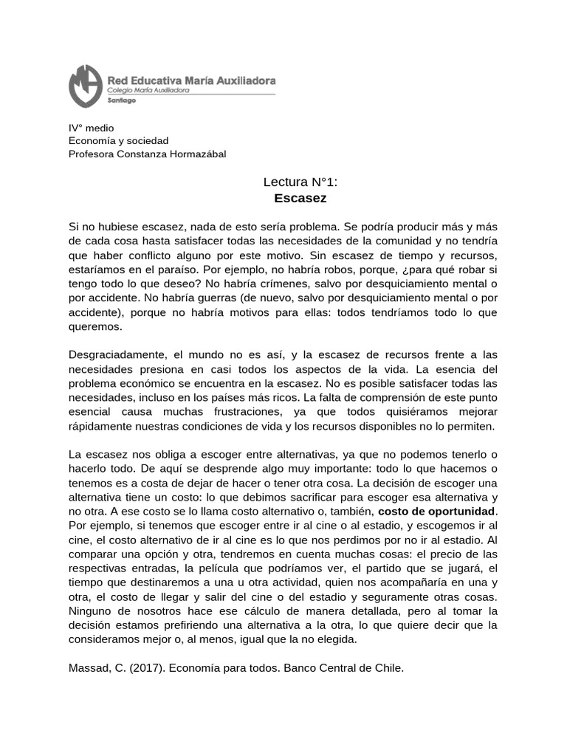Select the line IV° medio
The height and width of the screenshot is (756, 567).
[92, 128]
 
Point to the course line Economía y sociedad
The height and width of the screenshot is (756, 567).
[119, 140]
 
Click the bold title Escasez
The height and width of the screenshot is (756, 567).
[300, 198]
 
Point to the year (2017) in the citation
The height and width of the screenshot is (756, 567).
[154, 668]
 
